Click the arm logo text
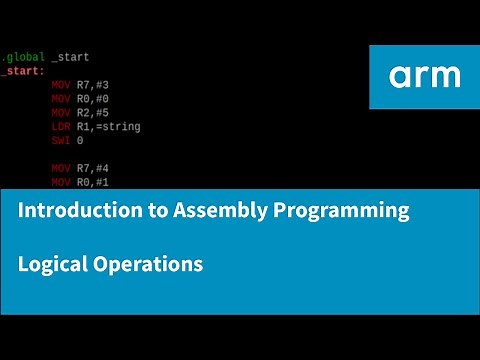pos(425,76)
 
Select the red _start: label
pos(22,72)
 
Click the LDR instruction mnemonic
pos(61,127)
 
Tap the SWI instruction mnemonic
pos(61,141)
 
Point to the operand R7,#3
pos(95,86)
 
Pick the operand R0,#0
pos(95,100)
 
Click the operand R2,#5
pos(95,114)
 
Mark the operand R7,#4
pos(95,168)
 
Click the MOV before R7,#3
pos(61,86)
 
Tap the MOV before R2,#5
pos(61,114)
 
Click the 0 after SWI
pos(80,141)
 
